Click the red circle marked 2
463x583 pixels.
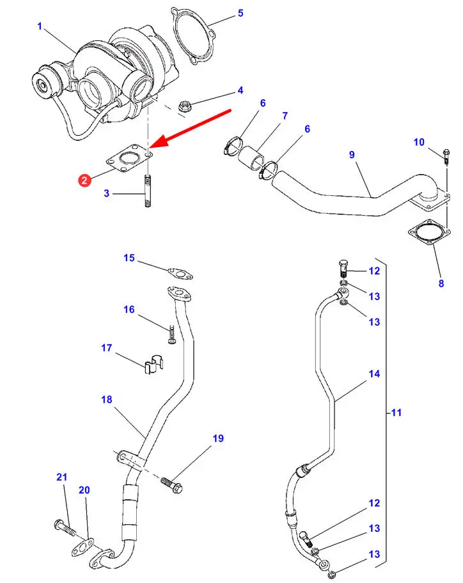(x=84, y=182)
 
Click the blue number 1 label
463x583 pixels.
(x=40, y=26)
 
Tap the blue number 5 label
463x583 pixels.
(x=240, y=13)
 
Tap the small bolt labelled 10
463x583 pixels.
(x=445, y=154)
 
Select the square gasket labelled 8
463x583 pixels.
(x=428, y=235)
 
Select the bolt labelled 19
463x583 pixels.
(x=173, y=486)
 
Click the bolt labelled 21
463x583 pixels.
(x=65, y=527)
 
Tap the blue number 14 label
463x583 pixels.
(x=374, y=374)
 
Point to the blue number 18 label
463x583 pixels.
(x=106, y=399)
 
